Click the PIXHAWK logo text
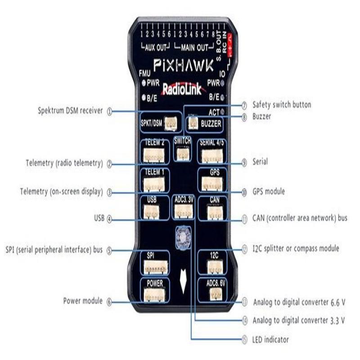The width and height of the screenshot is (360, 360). tap(185, 66)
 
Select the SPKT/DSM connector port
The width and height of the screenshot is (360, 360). tap(170, 123)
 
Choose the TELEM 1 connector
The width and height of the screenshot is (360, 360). tap(153, 184)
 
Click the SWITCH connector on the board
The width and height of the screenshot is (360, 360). tap(182, 153)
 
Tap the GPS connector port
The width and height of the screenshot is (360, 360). tap(211, 183)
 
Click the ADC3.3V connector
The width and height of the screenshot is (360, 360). tap(183, 212)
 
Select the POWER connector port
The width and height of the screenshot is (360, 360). tap(154, 294)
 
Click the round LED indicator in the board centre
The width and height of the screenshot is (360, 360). tap(183, 237)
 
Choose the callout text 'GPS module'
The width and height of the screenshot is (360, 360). tap(268, 192)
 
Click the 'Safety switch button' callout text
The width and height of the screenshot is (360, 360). tap(281, 105)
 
